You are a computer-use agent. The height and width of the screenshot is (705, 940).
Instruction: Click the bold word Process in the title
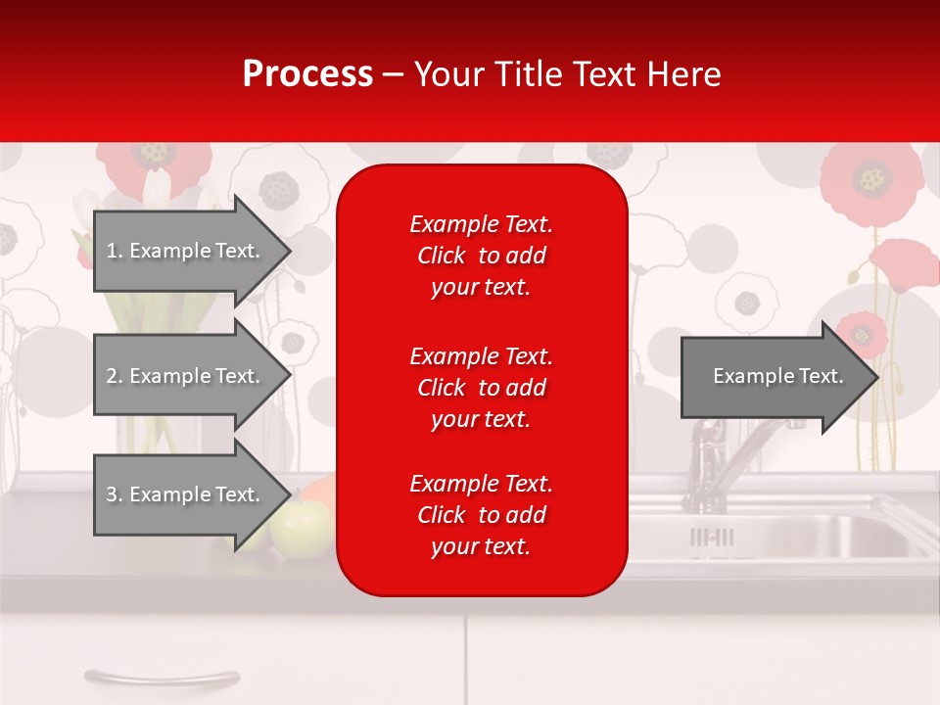pos(307,74)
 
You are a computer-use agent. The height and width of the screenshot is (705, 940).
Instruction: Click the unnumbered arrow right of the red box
pos(776,376)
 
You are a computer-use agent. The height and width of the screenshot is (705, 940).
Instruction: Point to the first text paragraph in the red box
pos(481,256)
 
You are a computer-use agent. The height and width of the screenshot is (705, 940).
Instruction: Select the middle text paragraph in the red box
pos(481,388)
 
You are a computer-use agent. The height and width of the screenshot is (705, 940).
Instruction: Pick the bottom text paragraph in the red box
pos(481,515)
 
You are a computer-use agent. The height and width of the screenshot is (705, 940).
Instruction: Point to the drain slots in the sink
pos(712,537)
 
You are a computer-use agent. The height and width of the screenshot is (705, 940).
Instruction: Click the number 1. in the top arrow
pos(115,251)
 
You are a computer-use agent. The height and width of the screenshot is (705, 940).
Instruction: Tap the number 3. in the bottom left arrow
pos(115,494)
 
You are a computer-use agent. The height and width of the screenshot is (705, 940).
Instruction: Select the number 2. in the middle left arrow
pos(115,376)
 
